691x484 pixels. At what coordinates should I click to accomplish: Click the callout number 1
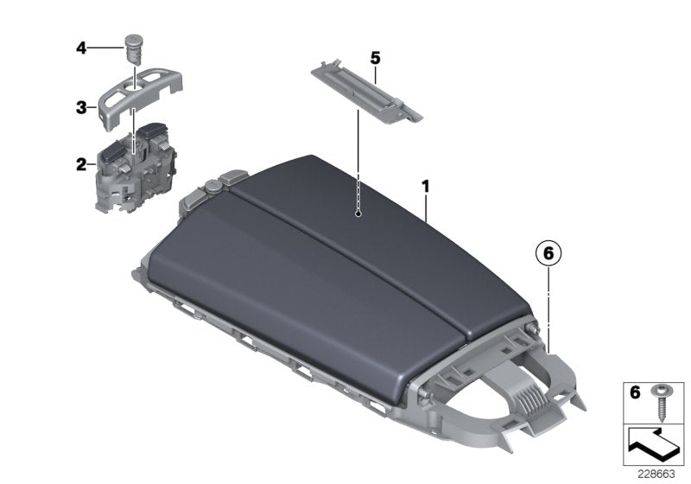coord(425,186)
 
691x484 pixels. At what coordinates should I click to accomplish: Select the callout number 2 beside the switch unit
coord(80,162)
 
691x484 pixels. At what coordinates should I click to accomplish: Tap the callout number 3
coord(80,108)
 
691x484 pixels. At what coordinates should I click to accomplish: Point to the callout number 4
coord(80,48)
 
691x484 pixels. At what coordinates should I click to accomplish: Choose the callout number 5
coord(375,58)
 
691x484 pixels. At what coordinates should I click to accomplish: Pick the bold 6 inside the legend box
coord(635,393)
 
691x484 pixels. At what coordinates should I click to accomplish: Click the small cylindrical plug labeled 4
coord(133,45)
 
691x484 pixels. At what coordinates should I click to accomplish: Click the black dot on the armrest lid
coord(357,213)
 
